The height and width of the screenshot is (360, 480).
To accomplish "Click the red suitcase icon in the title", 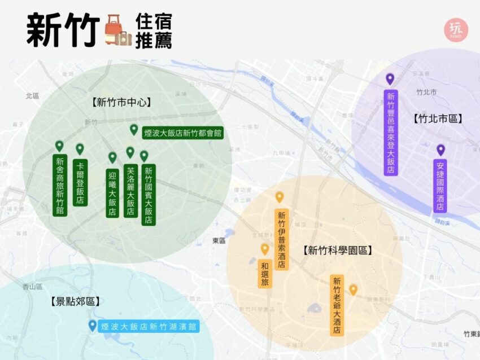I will tap(115, 28).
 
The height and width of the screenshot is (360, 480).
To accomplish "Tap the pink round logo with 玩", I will tap(456, 30).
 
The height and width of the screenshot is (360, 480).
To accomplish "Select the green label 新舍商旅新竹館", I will tap(60, 186).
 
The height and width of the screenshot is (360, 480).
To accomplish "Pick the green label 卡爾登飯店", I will tap(80, 182).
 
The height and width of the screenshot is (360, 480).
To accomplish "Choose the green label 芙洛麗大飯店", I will tap(130, 191).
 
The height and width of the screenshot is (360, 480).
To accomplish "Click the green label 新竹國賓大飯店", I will tap(149, 195).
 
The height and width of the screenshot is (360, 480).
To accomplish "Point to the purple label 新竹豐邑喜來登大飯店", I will tap(390, 132).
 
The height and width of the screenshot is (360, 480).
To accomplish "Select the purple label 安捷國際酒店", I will tap(440, 187).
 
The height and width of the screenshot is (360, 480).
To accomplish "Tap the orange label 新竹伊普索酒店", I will tap(281, 240).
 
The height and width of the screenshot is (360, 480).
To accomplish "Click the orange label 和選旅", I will tap(264, 274).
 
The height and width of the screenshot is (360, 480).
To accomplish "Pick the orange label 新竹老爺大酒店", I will tap(337, 305).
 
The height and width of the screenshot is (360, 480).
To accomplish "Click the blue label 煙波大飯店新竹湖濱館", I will tap(149, 326).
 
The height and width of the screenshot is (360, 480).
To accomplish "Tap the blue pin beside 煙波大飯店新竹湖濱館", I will tap(93, 325).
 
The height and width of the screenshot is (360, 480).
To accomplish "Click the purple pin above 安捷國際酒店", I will tap(440, 150).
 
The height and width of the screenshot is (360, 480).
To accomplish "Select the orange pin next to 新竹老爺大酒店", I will tap(353, 289).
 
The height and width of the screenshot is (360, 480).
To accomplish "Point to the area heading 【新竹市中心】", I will tap(123, 102).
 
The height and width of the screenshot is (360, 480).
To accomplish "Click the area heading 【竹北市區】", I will tap(438, 118).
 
